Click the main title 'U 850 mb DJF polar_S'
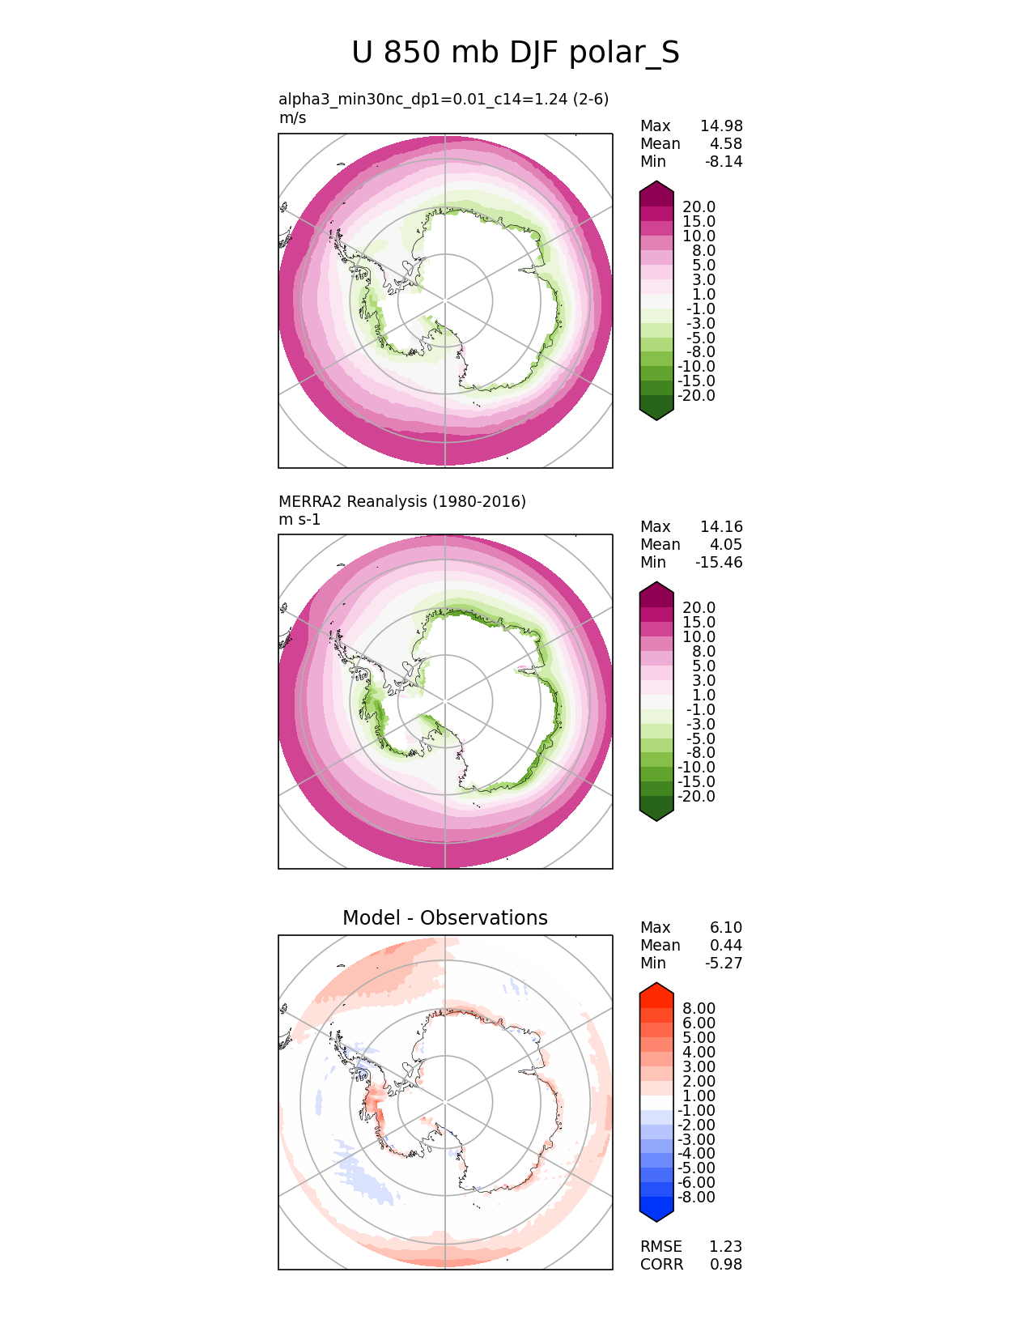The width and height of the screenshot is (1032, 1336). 516,53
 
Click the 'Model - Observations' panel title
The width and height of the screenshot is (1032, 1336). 444,918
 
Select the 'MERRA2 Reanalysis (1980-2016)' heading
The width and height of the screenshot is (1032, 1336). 401,502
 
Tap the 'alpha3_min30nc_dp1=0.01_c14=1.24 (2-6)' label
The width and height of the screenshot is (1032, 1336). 443,100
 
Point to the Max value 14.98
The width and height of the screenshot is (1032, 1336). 721,126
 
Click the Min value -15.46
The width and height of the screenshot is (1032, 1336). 718,563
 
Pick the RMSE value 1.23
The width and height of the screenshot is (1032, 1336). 725,1247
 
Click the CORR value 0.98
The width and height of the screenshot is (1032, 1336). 725,1265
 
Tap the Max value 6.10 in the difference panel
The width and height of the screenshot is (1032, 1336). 725,928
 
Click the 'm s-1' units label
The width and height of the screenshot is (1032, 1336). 299,520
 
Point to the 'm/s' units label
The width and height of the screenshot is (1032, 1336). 292,118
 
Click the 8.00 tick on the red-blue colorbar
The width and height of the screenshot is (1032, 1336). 699,1009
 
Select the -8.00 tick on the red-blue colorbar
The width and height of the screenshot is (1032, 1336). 696,1198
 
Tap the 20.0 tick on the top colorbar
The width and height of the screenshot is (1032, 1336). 699,207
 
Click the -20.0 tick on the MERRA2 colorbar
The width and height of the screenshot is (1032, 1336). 696,797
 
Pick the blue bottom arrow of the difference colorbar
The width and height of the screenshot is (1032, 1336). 656,1213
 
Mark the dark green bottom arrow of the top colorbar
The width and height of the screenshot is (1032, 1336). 656,411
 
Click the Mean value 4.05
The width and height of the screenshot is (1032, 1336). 725,545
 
